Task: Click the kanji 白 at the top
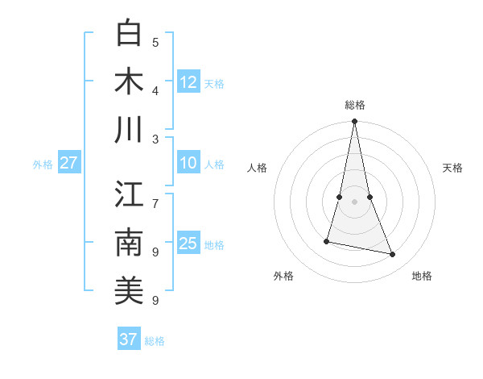coord(129,34)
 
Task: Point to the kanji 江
coord(129,196)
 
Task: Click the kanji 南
coord(129,244)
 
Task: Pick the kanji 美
coord(129,291)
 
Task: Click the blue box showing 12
coord(188,82)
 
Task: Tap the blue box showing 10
coord(188,163)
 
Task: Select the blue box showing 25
coord(188,244)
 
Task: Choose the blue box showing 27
coord(69,163)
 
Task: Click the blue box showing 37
coord(129,339)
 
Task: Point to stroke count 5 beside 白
coord(155,43)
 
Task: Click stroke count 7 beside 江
coord(155,196)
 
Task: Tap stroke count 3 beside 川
coord(155,139)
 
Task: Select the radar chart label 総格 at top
coord(355,105)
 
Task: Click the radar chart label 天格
coord(452,168)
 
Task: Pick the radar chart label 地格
coord(422,276)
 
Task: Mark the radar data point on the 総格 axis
coord(355,122)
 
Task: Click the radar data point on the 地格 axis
coord(393,255)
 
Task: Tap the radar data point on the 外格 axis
coord(327,241)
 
